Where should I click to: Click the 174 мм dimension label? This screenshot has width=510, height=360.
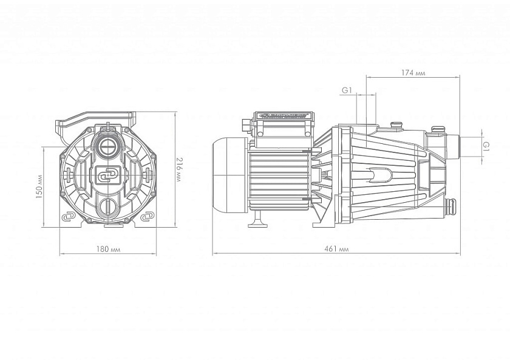coord(413,73)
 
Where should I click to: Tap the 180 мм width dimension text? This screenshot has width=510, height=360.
coord(107,250)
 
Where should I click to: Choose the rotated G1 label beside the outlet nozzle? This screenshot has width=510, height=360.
coord(486,146)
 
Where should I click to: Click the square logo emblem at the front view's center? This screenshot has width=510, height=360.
coord(107,175)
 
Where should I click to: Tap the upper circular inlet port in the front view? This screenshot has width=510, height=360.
coord(109,146)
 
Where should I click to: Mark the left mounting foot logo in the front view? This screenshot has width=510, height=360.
coord(67,217)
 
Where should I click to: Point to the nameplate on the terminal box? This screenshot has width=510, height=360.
coord(285,115)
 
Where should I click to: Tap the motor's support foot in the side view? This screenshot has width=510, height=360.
coord(258,220)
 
